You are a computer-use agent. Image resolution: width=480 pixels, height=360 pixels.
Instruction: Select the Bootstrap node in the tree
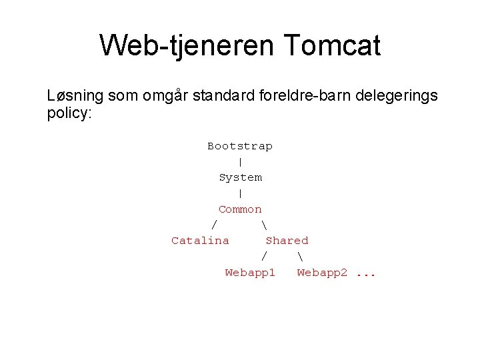pos(240,146)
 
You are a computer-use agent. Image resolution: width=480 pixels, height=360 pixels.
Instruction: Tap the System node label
pos(240,177)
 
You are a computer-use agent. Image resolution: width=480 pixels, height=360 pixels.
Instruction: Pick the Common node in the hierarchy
pos(240,209)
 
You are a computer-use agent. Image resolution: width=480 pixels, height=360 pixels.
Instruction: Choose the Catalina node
pos(200,241)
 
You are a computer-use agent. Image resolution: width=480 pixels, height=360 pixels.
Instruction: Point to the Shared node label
pos(287,241)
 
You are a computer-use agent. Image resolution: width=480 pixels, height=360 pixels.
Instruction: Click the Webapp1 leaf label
pos(250,273)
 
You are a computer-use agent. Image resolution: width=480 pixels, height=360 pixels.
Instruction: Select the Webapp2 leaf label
pos(322,273)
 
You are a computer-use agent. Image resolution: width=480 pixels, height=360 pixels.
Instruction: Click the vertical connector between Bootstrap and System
pos(240,162)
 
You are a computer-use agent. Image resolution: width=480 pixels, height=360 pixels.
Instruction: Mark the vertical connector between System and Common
pos(240,193)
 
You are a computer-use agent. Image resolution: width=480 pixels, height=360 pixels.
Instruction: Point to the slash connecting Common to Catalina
pos(215,225)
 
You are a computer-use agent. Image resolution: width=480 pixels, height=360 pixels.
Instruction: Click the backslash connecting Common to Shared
pos(265,225)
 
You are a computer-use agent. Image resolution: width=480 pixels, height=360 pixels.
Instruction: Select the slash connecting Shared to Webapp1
pos(265,257)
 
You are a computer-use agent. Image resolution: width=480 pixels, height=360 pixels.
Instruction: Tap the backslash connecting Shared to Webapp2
pos(301,257)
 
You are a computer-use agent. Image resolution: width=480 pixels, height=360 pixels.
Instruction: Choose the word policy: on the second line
pos(69,113)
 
